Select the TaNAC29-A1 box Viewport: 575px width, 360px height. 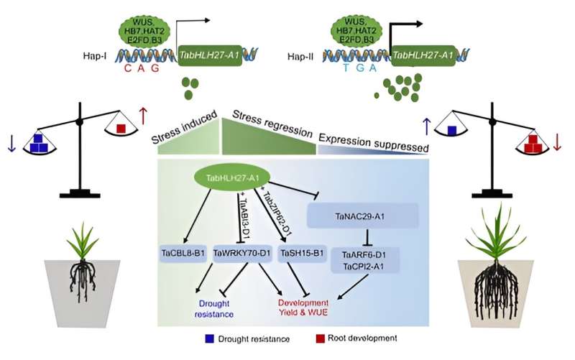point(363,216)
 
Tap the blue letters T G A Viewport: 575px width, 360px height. point(356,69)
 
